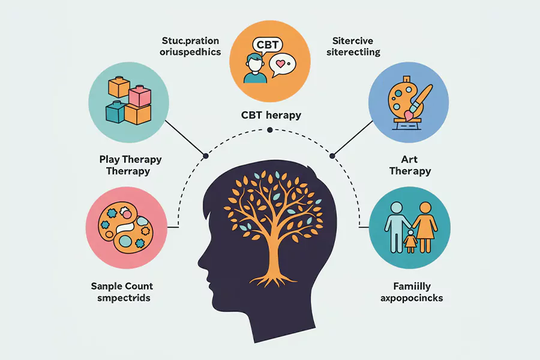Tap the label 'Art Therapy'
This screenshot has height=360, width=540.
click(410, 165)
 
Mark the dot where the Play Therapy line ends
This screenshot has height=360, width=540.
click(206, 156)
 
